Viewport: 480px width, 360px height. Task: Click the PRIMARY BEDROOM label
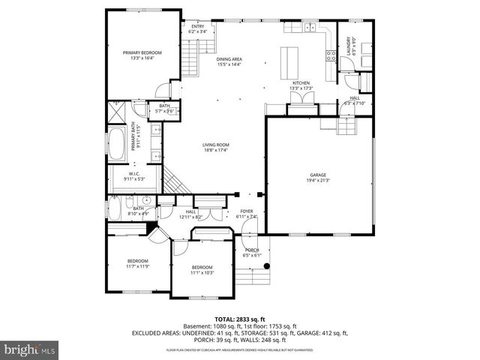coord(142,52)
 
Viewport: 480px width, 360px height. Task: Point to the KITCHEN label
coord(301,83)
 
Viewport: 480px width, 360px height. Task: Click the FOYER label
coord(247,211)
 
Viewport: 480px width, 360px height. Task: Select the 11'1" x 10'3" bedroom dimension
coord(202,272)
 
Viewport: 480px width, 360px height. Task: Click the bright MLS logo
coord(28,349)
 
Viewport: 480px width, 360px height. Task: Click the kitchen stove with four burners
coord(330,54)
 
